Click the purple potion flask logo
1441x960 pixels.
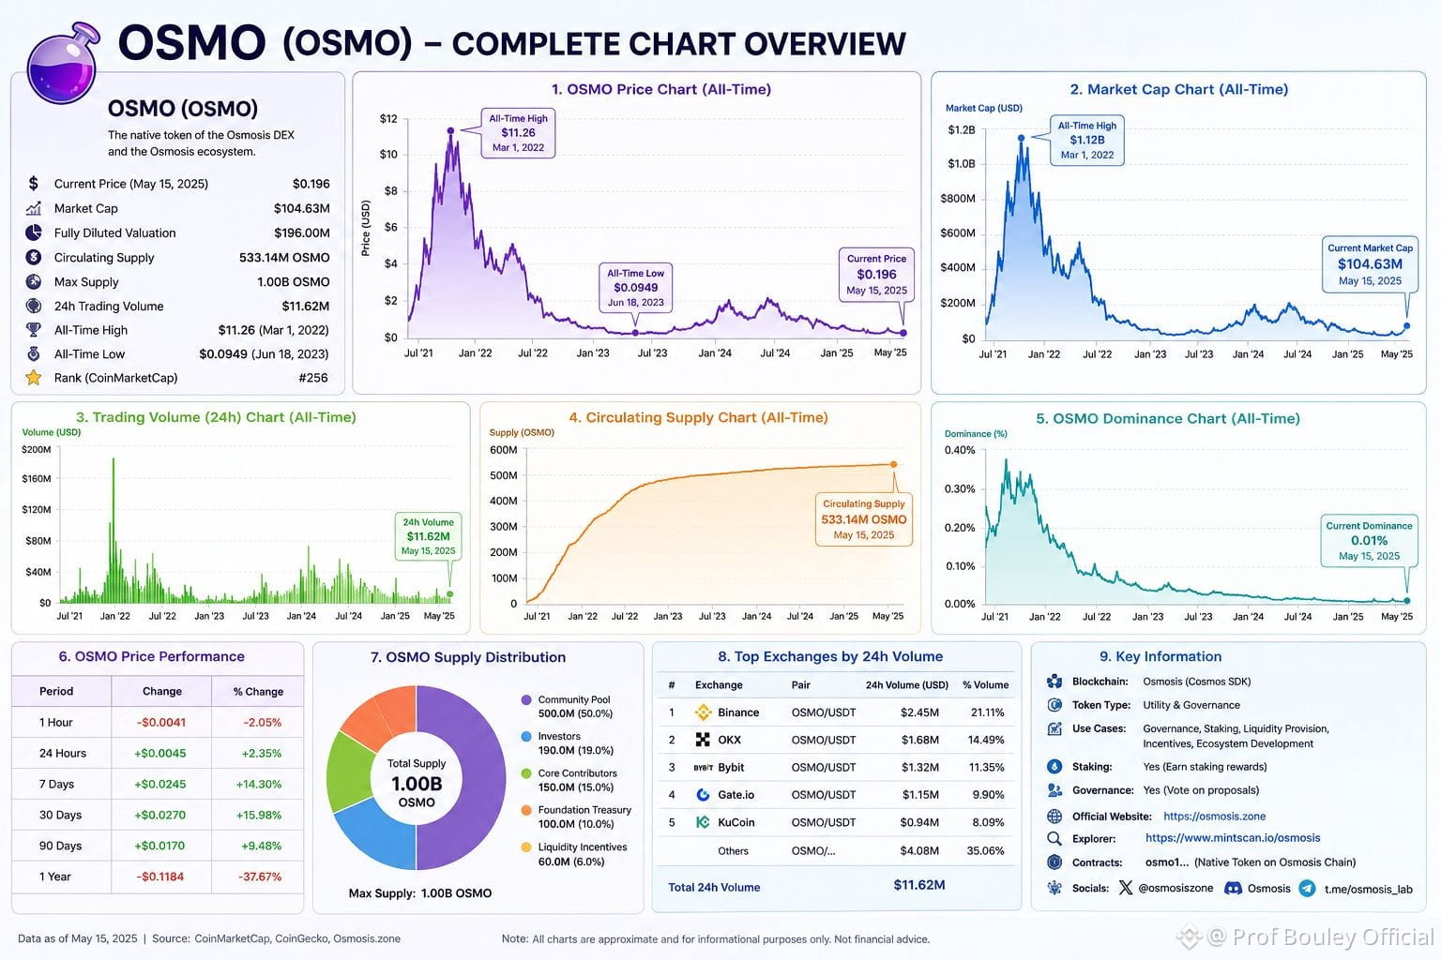tap(63, 65)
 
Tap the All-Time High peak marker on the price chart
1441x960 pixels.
tap(450, 130)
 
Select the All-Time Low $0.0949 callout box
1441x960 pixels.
tap(635, 288)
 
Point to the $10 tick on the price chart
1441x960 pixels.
tap(388, 155)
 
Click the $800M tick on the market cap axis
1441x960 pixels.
tap(958, 198)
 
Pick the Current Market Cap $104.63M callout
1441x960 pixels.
tap(1370, 264)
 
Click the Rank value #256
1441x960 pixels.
tap(313, 378)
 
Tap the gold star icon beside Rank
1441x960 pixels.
tap(34, 378)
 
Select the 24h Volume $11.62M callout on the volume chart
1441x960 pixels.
tap(428, 536)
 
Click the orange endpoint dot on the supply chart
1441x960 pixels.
tap(893, 464)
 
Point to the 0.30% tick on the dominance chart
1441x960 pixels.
tap(960, 488)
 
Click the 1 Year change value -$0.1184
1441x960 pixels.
tap(160, 877)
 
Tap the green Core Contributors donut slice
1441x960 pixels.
tap(351, 772)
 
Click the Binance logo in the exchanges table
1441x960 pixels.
tap(703, 712)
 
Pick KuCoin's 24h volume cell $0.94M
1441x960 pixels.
tap(919, 822)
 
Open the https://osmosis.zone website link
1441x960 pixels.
tap(1215, 816)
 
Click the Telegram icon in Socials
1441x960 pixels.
tap(1307, 889)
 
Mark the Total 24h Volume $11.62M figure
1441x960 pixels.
tap(919, 885)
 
